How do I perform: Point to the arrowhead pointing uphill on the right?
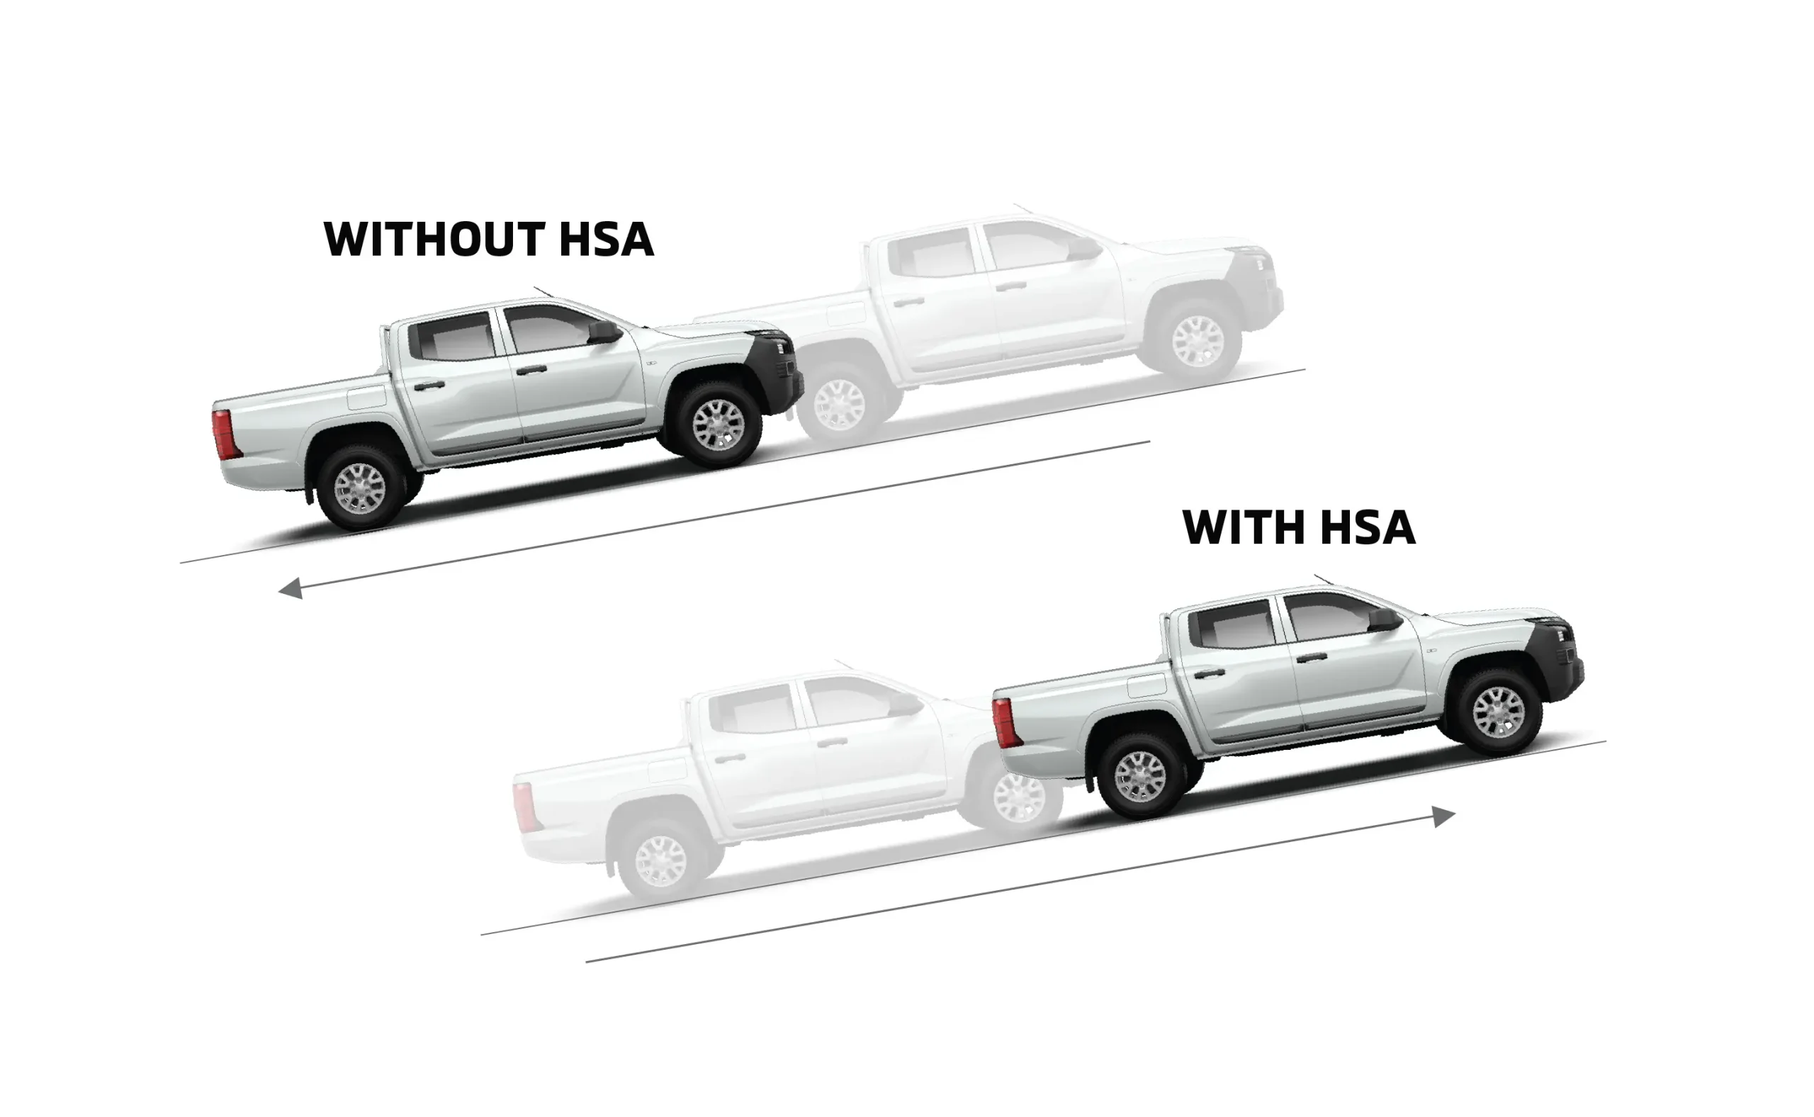click(x=1443, y=816)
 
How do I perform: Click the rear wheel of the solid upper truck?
click(x=360, y=488)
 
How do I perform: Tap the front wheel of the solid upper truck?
click(x=718, y=425)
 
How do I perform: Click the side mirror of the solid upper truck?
click(x=604, y=332)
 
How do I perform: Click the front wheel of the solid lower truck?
click(x=1498, y=712)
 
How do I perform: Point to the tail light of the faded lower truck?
click(x=524, y=807)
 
